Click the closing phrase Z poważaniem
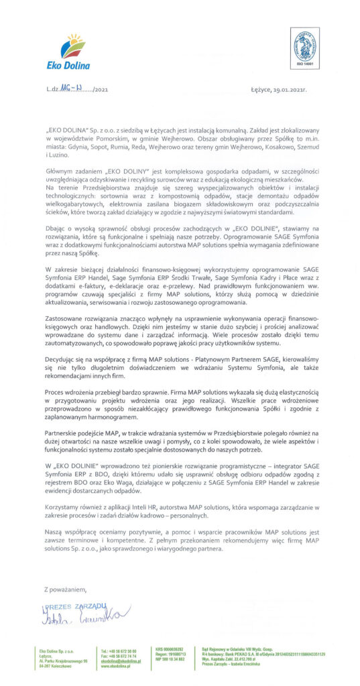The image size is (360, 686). tap(65, 589)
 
